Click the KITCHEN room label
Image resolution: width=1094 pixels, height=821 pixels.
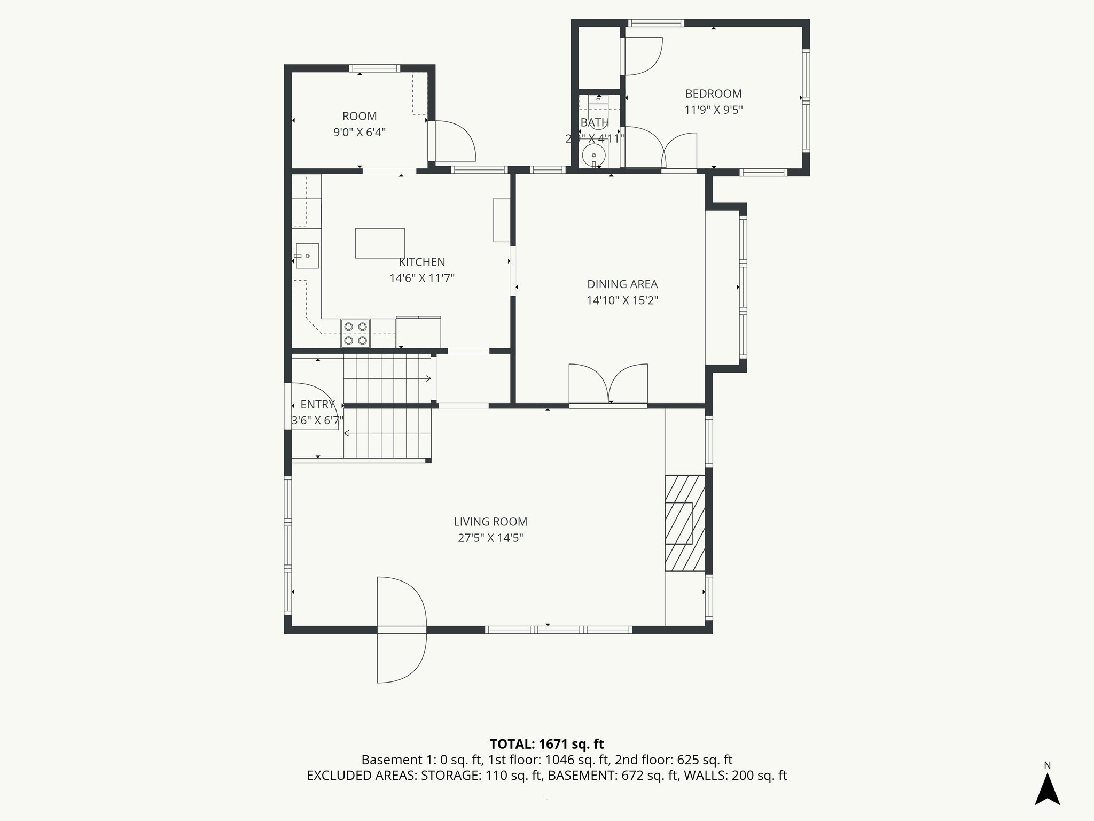coord(421,262)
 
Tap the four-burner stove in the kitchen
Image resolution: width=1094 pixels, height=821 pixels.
coord(356,334)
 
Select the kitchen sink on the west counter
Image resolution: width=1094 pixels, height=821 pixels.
coord(307,255)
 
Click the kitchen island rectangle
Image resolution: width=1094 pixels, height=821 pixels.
coord(380,243)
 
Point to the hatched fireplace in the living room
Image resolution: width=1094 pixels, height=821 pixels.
coord(684,523)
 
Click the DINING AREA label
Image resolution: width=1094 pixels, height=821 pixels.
coord(622,284)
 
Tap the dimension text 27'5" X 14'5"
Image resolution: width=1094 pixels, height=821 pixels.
coord(490,538)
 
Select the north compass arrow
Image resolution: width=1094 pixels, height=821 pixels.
coord(1047,789)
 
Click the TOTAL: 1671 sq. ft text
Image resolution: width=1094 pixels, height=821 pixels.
coord(546,744)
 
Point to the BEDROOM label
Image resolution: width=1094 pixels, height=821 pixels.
coord(713,94)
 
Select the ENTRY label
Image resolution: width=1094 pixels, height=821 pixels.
coord(317,405)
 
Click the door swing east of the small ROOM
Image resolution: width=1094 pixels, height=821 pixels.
coord(454,141)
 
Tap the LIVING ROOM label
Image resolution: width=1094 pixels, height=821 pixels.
coord(490,522)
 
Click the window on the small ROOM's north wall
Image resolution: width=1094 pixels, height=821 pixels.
coord(374,68)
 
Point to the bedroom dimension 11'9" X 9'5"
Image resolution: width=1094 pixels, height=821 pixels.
coord(713,110)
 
